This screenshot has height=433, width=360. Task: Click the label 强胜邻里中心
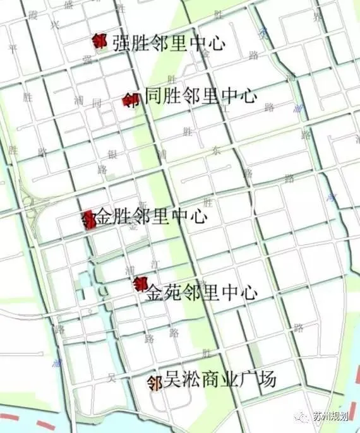(168, 43)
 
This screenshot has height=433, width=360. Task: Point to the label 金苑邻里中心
(201, 293)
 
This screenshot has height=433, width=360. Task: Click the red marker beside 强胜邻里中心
(99, 41)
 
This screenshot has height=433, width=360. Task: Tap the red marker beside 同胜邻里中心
(131, 100)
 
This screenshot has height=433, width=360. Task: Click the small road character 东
(217, 151)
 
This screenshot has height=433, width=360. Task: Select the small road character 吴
(112, 378)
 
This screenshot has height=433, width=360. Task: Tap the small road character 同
(96, 103)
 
